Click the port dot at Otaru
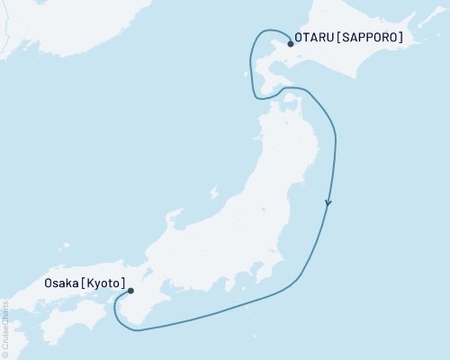pyautogui.click(x=290, y=43)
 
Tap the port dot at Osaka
pyautogui.click(x=131, y=291)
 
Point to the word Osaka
pyautogui.click(x=60, y=283)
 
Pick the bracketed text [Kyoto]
pyautogui.click(x=103, y=283)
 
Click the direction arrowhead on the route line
pyautogui.click(x=328, y=203)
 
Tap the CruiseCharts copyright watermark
pyautogui.click(x=5, y=329)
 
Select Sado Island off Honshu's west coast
pyautogui.click(x=213, y=193)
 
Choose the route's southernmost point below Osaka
pyautogui.click(x=138, y=330)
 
